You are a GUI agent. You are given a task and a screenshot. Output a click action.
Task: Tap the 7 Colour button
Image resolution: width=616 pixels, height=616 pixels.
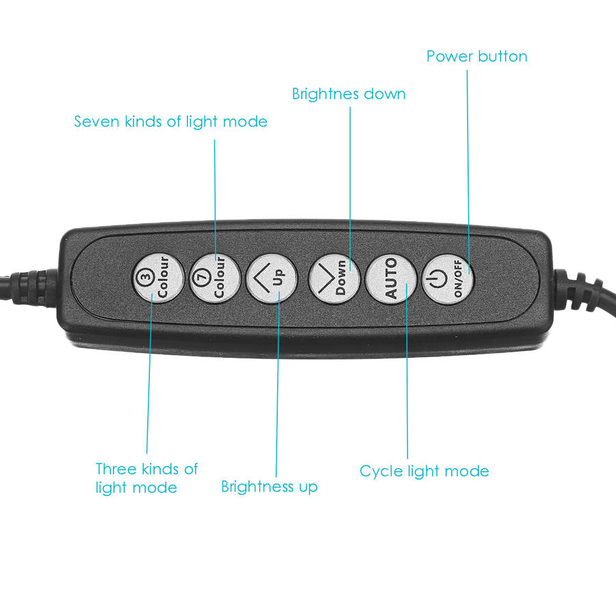click(x=215, y=278)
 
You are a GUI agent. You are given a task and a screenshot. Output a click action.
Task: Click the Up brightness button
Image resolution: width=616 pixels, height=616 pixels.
click(x=272, y=278)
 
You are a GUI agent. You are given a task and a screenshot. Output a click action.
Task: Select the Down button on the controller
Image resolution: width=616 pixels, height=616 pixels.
click(x=334, y=278)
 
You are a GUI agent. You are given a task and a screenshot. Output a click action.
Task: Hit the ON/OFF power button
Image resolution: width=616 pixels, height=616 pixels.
click(x=448, y=278)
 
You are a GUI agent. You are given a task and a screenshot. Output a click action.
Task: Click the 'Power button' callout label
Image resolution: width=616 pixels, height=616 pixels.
click(x=476, y=57)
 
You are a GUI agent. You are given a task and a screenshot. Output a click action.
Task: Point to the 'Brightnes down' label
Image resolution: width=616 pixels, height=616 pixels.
click(x=349, y=94)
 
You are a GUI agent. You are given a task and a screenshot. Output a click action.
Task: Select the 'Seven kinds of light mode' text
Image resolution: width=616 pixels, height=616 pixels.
click(x=170, y=123)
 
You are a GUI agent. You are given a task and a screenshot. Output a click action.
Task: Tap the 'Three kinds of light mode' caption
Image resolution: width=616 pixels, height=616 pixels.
click(x=146, y=478)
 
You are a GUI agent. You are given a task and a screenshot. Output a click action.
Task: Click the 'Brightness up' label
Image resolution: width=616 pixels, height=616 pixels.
click(x=269, y=487)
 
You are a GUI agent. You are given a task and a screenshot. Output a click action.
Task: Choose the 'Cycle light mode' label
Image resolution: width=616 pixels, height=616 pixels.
click(x=424, y=472)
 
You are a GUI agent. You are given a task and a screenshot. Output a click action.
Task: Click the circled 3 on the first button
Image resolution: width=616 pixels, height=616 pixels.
click(x=146, y=277)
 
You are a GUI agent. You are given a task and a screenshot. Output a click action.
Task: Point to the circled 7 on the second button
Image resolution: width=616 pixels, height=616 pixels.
click(x=202, y=277)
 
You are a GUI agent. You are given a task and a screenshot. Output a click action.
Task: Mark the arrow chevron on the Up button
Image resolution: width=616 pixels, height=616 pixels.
click(x=261, y=278)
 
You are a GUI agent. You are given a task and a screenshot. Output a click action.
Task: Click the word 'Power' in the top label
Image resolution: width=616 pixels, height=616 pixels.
click(x=448, y=57)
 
